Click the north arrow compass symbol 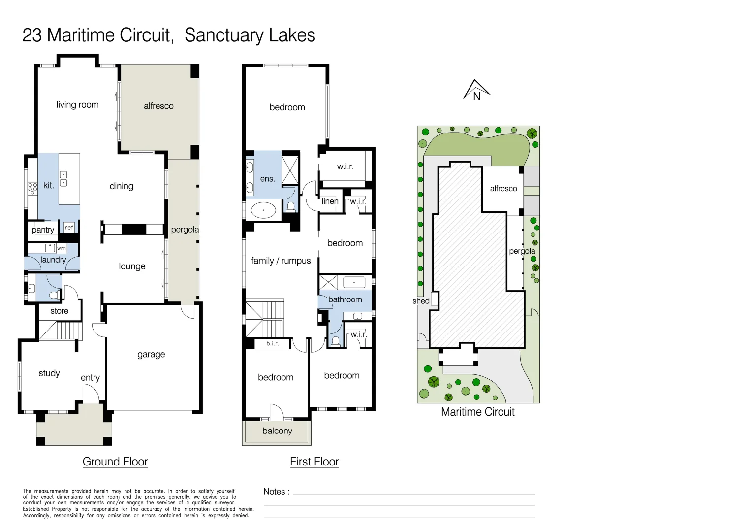[x=476, y=90]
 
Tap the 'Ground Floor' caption [x=115, y=462]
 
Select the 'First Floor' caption [x=314, y=462]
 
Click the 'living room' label [x=77, y=105]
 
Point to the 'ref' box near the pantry [x=69, y=227]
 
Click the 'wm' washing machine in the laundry [x=61, y=248]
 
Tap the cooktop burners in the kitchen [x=32, y=188]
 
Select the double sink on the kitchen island [x=63, y=179]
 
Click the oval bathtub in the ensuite [x=264, y=211]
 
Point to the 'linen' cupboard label [x=330, y=201]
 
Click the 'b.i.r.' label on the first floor [x=273, y=343]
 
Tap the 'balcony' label [x=277, y=431]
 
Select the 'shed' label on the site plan [x=421, y=301]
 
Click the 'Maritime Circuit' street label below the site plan [x=477, y=412]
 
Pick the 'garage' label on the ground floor [x=151, y=354]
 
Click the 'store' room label [x=59, y=311]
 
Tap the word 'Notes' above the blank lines [x=274, y=491]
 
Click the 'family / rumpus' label [x=281, y=261]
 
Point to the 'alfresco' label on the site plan [x=503, y=189]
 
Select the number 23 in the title [x=32, y=35]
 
